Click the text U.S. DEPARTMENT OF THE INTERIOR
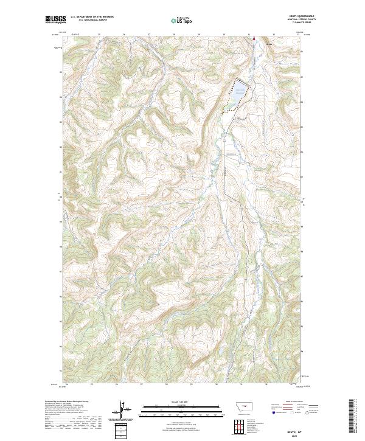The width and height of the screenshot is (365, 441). (92, 17)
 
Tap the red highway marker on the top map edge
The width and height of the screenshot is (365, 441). (254, 38)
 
